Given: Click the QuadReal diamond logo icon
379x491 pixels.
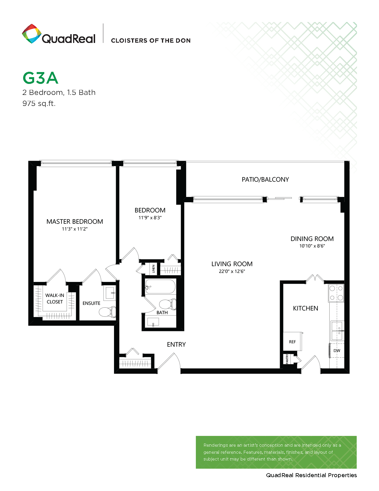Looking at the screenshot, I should [32, 34].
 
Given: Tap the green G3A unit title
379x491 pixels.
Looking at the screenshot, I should [40, 78].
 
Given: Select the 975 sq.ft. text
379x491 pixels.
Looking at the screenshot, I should [39, 103].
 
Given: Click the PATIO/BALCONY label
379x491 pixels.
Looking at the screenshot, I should [265, 180].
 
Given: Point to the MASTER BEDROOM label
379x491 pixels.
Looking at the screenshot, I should [75, 222].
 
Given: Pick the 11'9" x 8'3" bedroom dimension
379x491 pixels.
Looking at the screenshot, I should [150, 218].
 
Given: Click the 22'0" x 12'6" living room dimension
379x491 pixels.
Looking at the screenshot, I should [232, 271].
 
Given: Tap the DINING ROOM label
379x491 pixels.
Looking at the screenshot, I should [312, 239].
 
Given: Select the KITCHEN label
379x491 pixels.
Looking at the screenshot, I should [305, 308].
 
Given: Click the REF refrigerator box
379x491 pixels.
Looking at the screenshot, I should [292, 342].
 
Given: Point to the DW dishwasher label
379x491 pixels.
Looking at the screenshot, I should [337, 351].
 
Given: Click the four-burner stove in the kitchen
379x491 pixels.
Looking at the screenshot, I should [336, 293].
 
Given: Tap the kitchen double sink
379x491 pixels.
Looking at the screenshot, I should [337, 331].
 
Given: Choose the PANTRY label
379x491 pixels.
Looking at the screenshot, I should [287, 359].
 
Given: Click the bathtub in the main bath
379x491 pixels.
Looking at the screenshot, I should [160, 287].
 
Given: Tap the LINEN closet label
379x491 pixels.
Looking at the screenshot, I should [154, 269].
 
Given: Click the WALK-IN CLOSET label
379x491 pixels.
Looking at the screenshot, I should [55, 299].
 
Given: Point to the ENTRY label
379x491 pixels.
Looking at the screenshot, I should [176, 345].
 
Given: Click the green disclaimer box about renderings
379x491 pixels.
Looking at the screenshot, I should [276, 452].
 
